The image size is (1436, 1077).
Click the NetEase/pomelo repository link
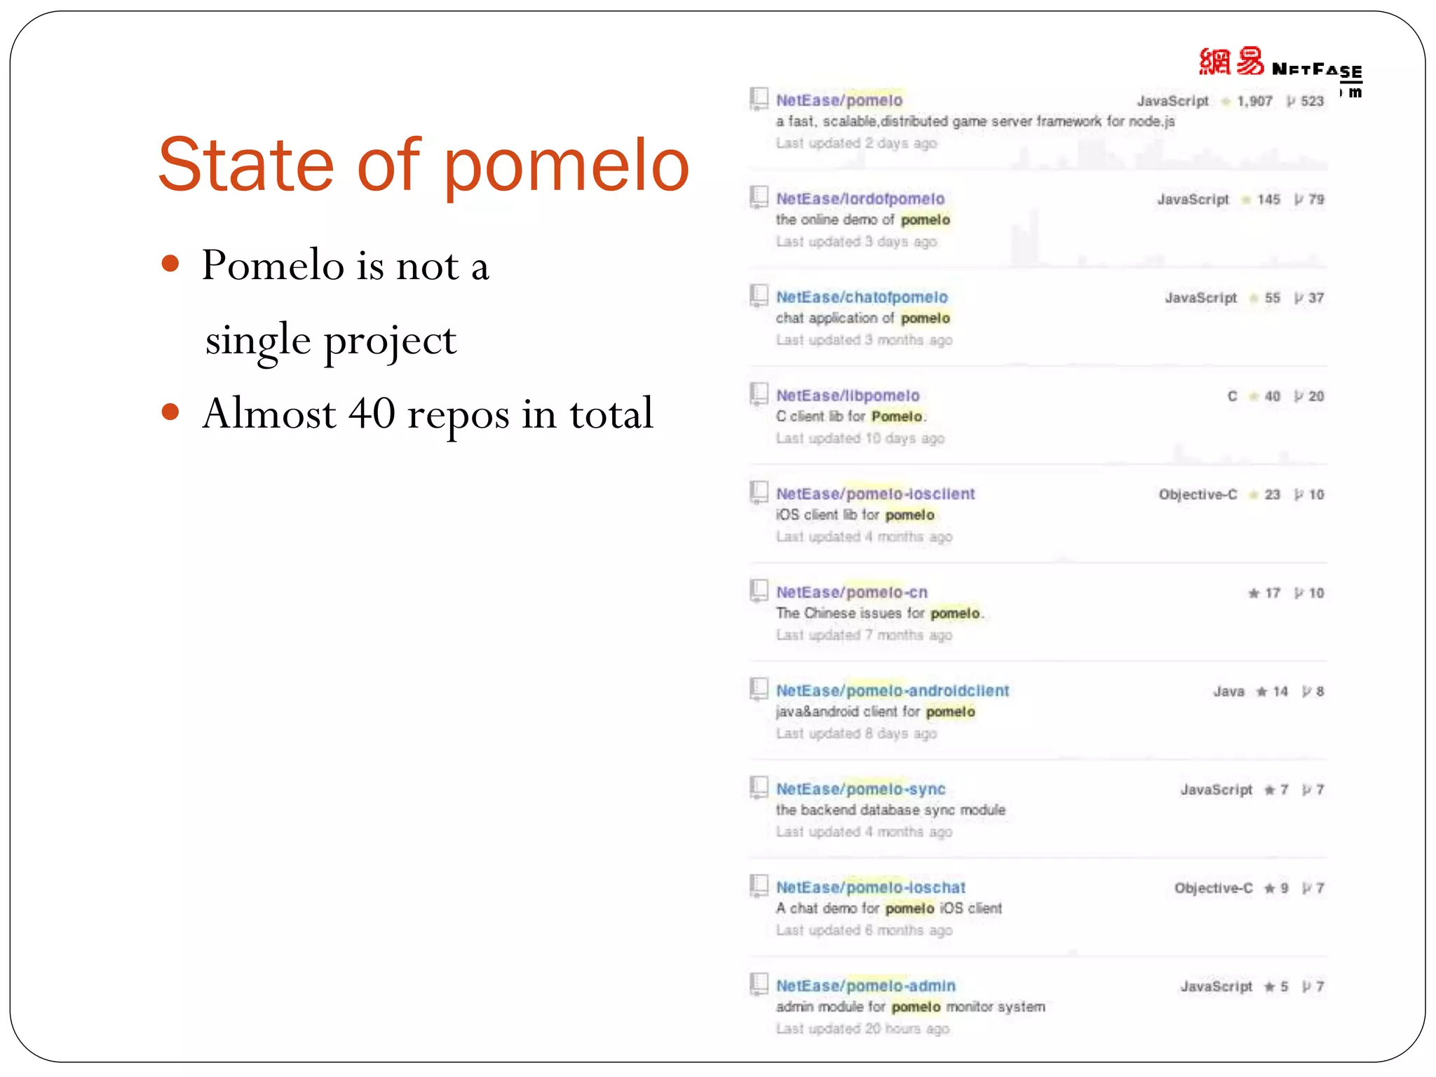coord(839,100)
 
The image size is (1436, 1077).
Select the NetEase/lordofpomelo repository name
coord(860,199)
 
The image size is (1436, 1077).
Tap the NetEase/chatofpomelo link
coord(862,297)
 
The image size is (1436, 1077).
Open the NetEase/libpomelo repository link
coord(847,395)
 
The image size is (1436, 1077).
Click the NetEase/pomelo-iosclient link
coord(875,494)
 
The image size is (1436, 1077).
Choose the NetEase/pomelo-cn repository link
coord(851,592)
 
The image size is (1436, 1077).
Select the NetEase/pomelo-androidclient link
coord(892,691)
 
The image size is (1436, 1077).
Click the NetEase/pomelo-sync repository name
coord(860,789)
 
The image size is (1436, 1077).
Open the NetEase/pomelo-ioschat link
coord(870,888)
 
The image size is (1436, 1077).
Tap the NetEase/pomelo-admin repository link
coord(865,986)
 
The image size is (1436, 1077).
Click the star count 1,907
coord(1254,102)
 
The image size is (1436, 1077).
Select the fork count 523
coord(1312,102)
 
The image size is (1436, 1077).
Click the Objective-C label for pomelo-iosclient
coord(1198,495)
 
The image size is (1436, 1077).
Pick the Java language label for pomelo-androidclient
coord(1228,692)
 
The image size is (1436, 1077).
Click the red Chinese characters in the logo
coord(1231,62)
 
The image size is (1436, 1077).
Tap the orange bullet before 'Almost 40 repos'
coord(170,412)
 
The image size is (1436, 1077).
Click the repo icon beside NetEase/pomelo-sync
coord(759,787)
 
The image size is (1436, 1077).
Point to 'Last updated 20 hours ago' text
coord(862,1029)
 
